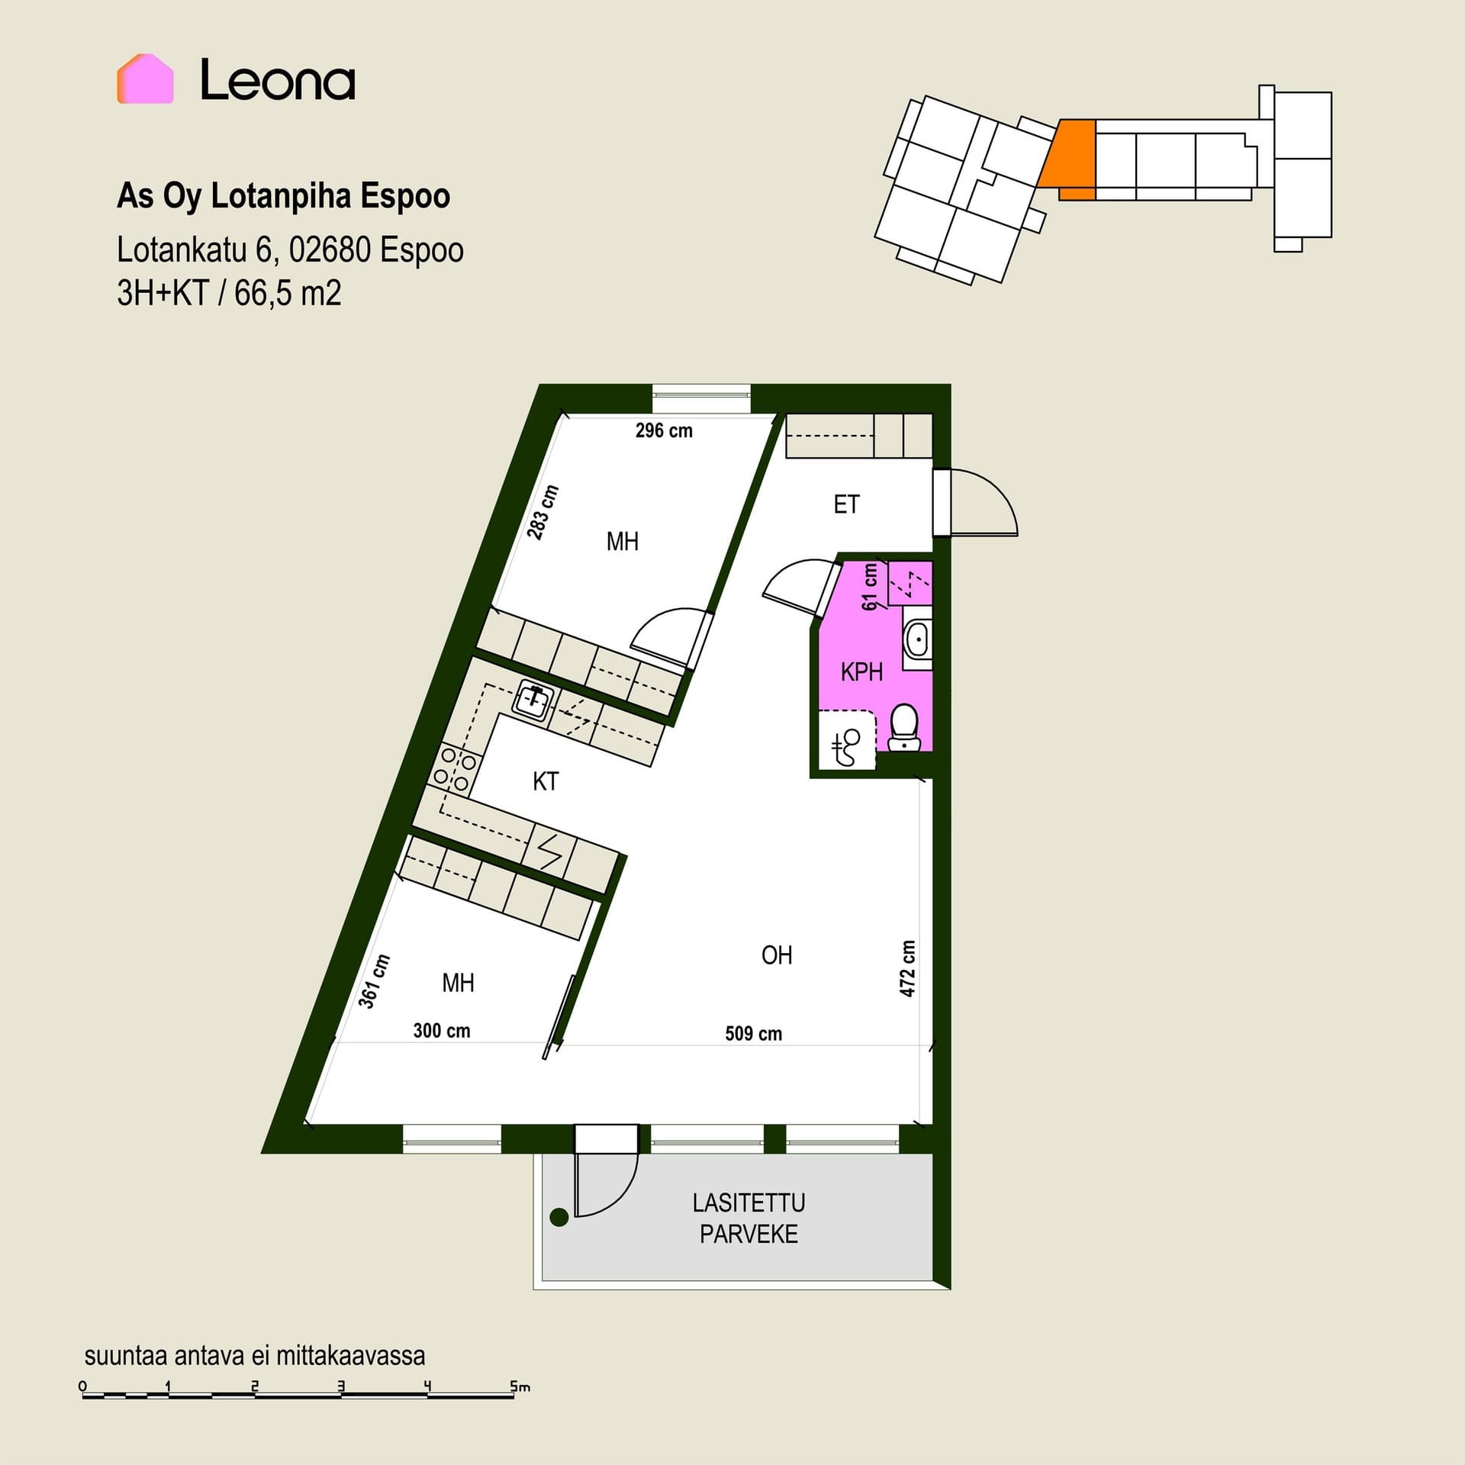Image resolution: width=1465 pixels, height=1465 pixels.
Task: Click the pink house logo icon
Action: (x=145, y=79)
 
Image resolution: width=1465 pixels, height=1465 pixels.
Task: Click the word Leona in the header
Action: (x=278, y=80)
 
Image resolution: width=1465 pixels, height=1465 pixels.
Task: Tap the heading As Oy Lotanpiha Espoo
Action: (x=283, y=196)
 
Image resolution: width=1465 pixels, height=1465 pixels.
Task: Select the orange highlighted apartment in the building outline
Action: (x=1069, y=158)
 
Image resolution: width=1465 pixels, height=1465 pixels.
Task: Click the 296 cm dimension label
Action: (x=664, y=431)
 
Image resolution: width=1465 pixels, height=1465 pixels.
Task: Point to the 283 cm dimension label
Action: (x=543, y=513)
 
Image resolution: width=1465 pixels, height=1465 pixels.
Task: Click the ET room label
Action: (x=846, y=504)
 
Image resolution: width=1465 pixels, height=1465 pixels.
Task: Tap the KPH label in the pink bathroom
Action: (x=861, y=672)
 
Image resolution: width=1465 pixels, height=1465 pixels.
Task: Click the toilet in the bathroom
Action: (x=904, y=727)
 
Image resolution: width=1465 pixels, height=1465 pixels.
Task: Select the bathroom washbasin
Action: (x=916, y=639)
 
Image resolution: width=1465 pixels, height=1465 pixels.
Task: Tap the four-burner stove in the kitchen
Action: (x=455, y=769)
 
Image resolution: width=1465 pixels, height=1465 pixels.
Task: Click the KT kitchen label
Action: (x=546, y=781)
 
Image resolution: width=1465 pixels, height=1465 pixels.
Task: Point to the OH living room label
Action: (x=777, y=955)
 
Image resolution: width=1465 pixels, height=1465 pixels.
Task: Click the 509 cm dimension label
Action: (x=753, y=1034)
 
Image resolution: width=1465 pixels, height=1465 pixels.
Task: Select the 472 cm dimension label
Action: (x=907, y=968)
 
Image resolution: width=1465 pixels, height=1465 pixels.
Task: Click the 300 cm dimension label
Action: (x=442, y=1031)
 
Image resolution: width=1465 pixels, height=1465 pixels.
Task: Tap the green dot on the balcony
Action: (x=559, y=1217)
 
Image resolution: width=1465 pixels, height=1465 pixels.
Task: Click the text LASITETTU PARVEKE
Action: (x=749, y=1219)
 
